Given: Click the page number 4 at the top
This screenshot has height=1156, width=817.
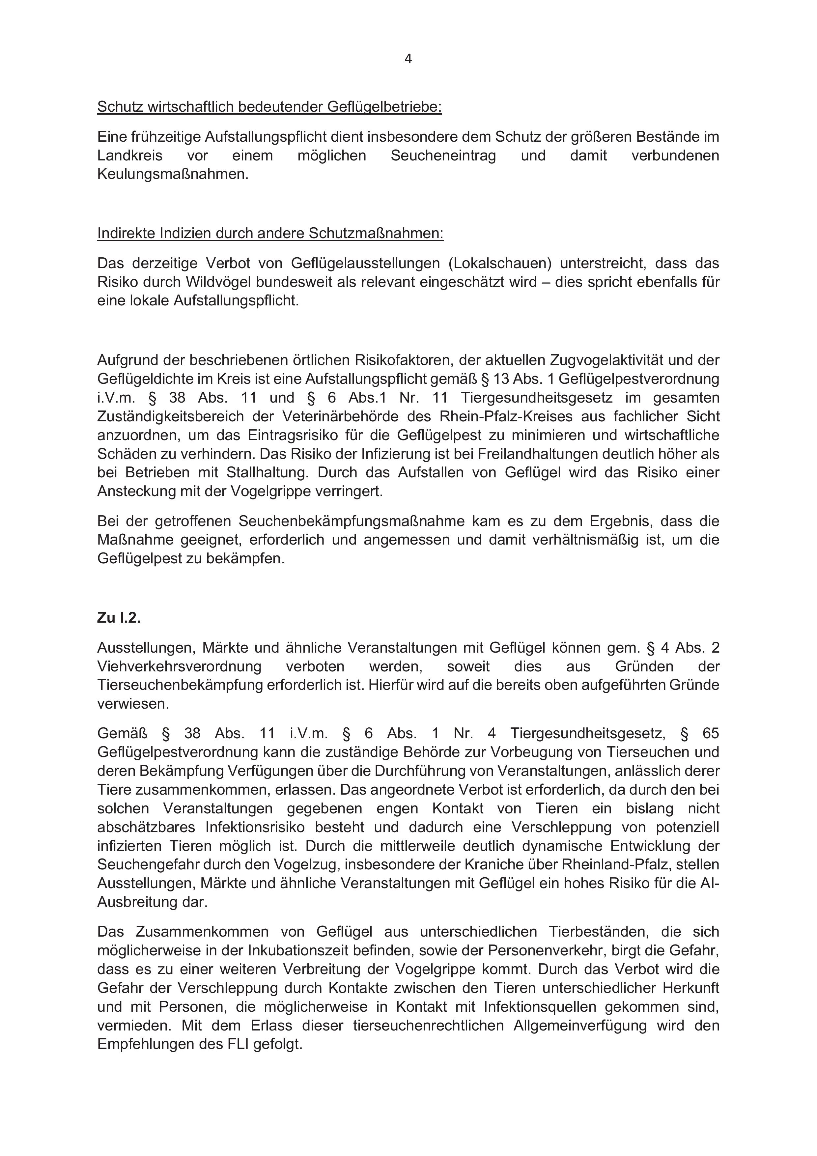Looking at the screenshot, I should (408, 59).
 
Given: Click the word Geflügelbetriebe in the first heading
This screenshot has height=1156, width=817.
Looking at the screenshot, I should (384, 107).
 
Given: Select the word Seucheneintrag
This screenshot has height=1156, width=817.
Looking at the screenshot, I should (443, 155).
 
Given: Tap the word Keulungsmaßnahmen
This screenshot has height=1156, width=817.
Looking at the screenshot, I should (173, 175).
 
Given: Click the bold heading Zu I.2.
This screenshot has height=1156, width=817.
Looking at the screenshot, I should (119, 618).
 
